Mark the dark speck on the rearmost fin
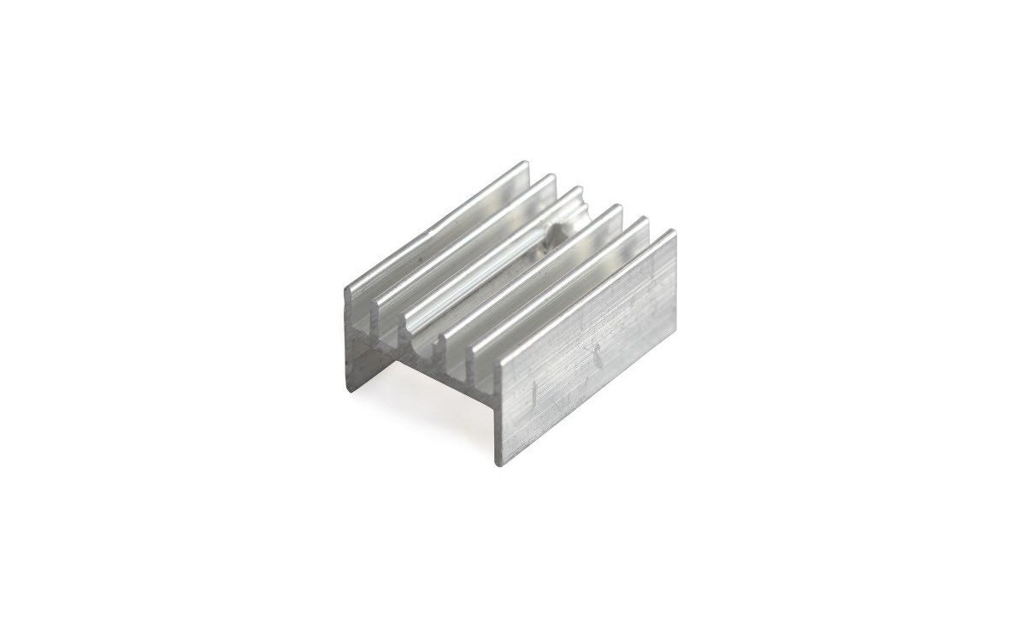coord(422,253)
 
